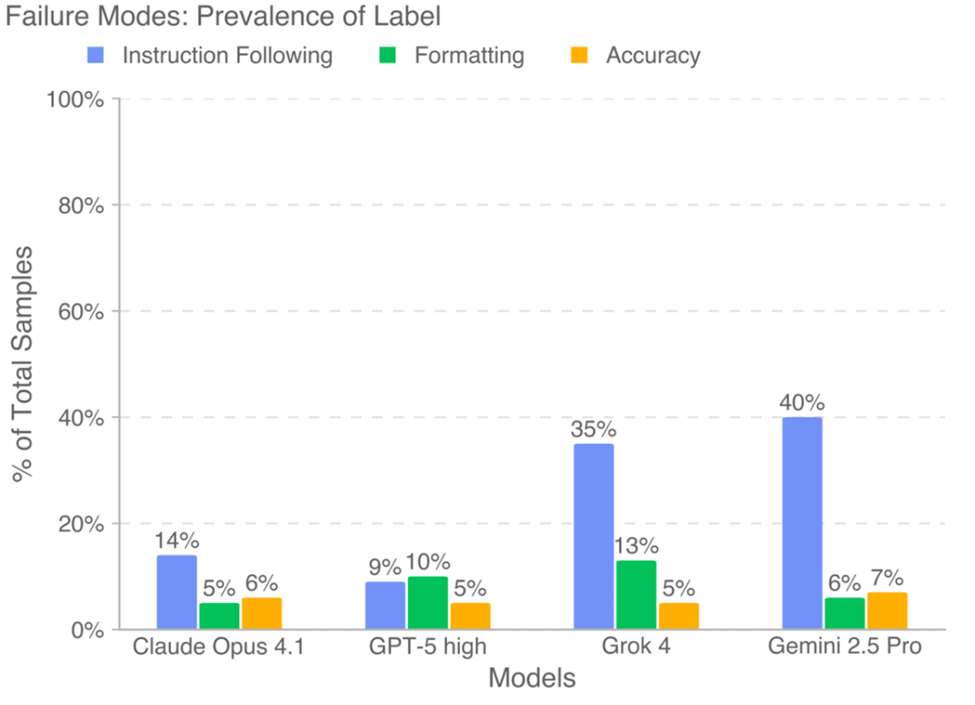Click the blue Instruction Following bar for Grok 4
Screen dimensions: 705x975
593,536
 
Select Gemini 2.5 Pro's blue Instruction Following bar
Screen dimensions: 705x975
802,523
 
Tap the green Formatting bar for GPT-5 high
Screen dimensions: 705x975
427,602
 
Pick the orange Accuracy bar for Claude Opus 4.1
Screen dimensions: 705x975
262,613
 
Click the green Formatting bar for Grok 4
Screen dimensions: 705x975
636,595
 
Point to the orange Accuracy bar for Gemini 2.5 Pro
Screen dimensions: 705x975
886,610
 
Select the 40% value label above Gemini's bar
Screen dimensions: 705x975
802,402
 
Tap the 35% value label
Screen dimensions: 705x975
593,428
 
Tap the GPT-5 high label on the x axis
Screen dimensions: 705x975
427,647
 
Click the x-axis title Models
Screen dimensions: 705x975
532,678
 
